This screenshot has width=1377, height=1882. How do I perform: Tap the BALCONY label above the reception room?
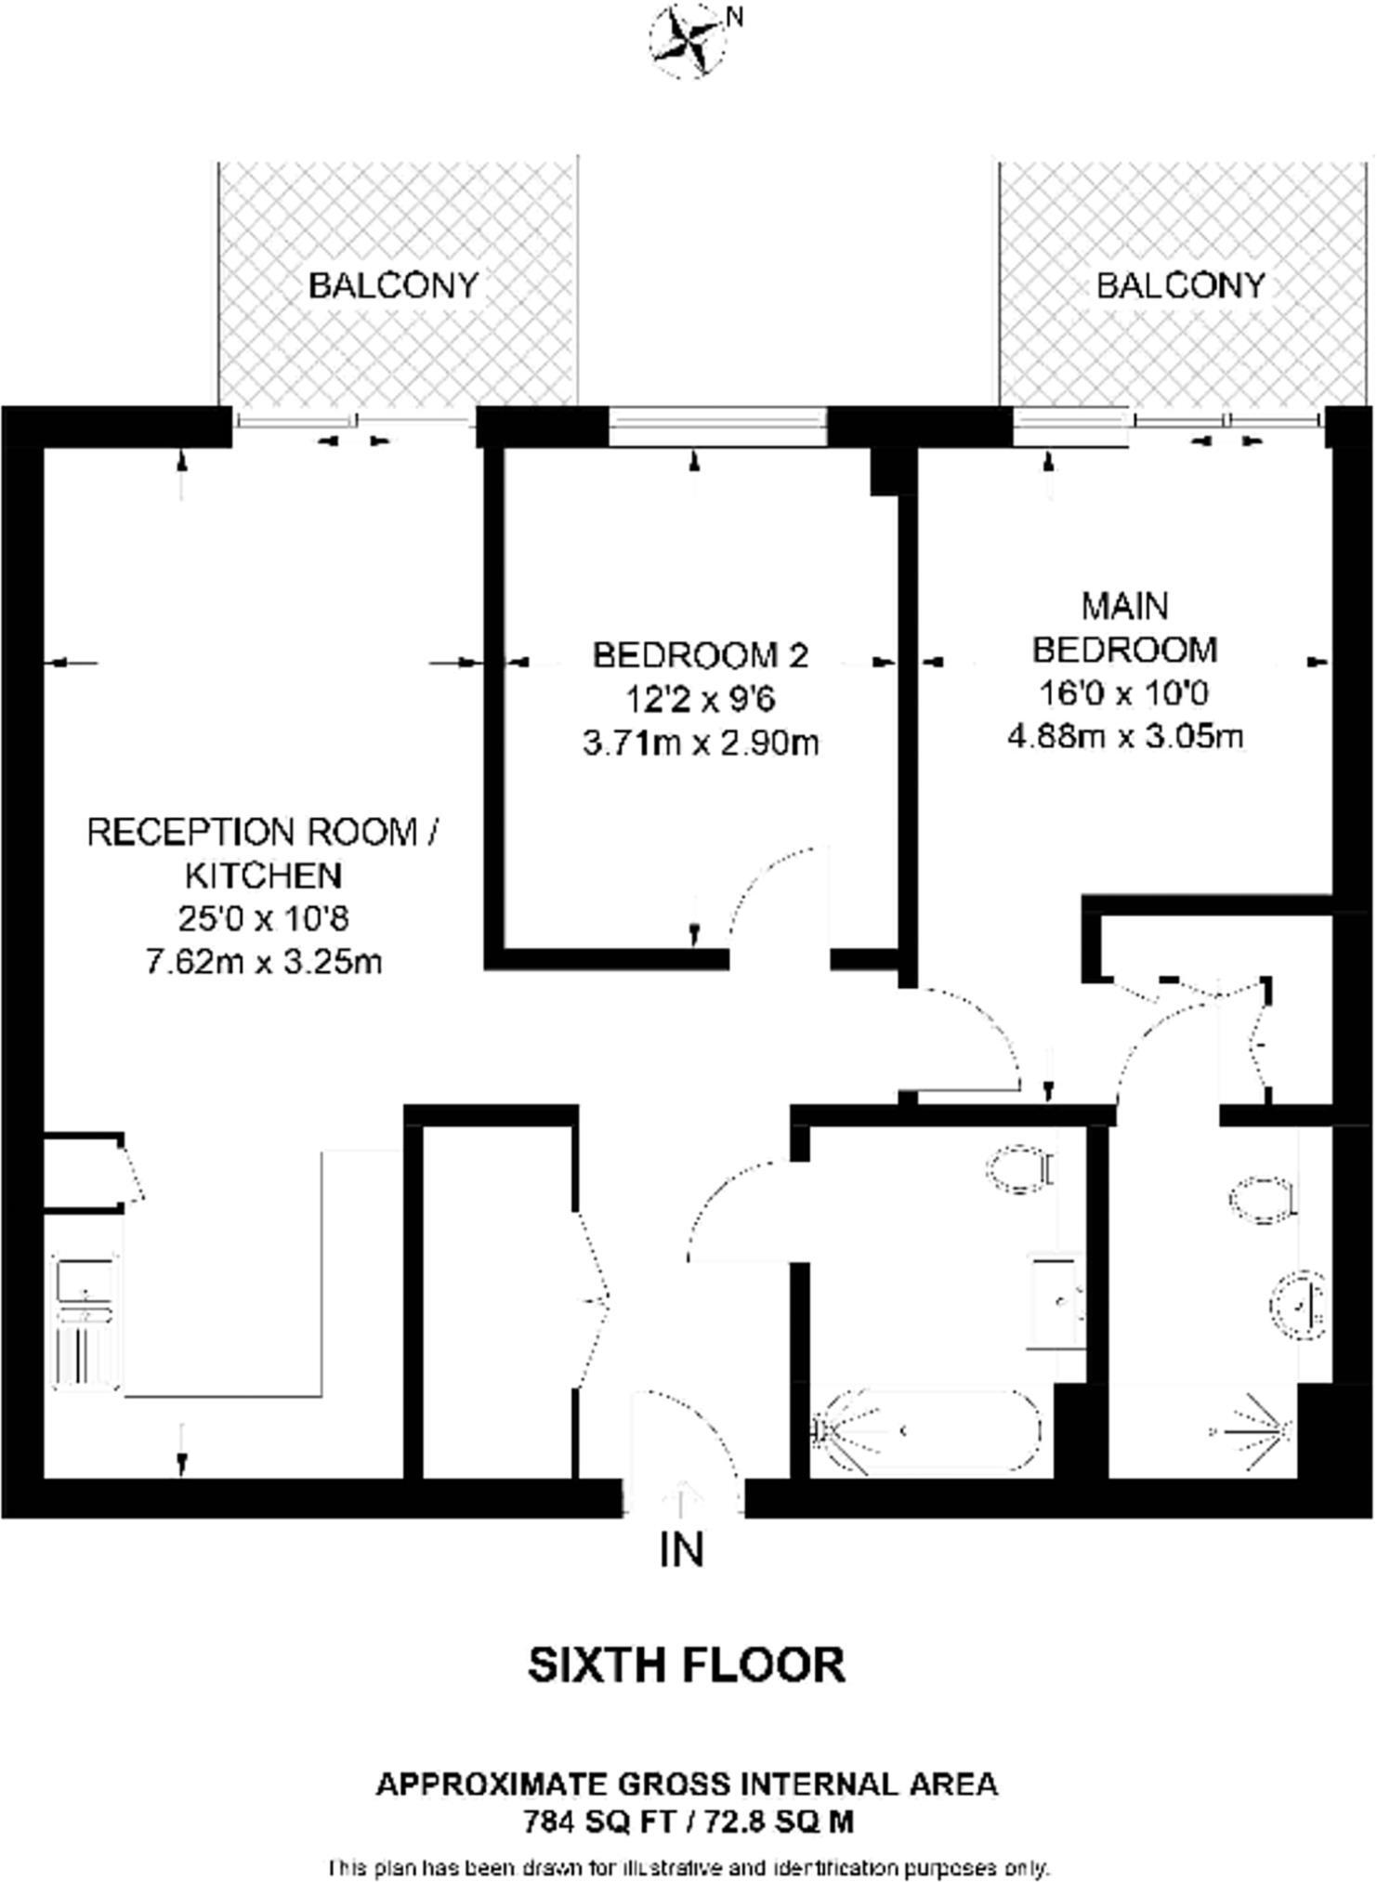pyautogui.click(x=393, y=284)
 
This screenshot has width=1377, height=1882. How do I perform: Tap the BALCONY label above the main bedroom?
pyautogui.click(x=1180, y=284)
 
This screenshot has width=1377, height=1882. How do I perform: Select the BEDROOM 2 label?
pyautogui.click(x=700, y=655)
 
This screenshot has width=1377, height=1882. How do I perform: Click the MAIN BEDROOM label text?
pyautogui.click(x=1124, y=627)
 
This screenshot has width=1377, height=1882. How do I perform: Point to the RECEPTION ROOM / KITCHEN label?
pyautogui.click(x=263, y=852)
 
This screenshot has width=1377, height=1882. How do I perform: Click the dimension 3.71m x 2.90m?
pyautogui.click(x=701, y=744)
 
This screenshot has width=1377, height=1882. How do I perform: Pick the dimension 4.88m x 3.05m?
pyautogui.click(x=1124, y=737)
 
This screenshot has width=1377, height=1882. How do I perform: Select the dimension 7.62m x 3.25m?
pyautogui.click(x=264, y=961)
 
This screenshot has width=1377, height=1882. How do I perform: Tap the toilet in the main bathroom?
pyautogui.click(x=1019, y=1169)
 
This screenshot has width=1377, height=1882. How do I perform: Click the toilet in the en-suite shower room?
pyautogui.click(x=1262, y=1200)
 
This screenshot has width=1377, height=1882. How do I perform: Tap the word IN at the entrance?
pyautogui.click(x=683, y=1549)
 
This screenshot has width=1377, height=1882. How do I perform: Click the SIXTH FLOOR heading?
pyautogui.click(x=687, y=1665)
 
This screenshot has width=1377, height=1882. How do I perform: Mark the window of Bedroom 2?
pyautogui.click(x=717, y=428)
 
